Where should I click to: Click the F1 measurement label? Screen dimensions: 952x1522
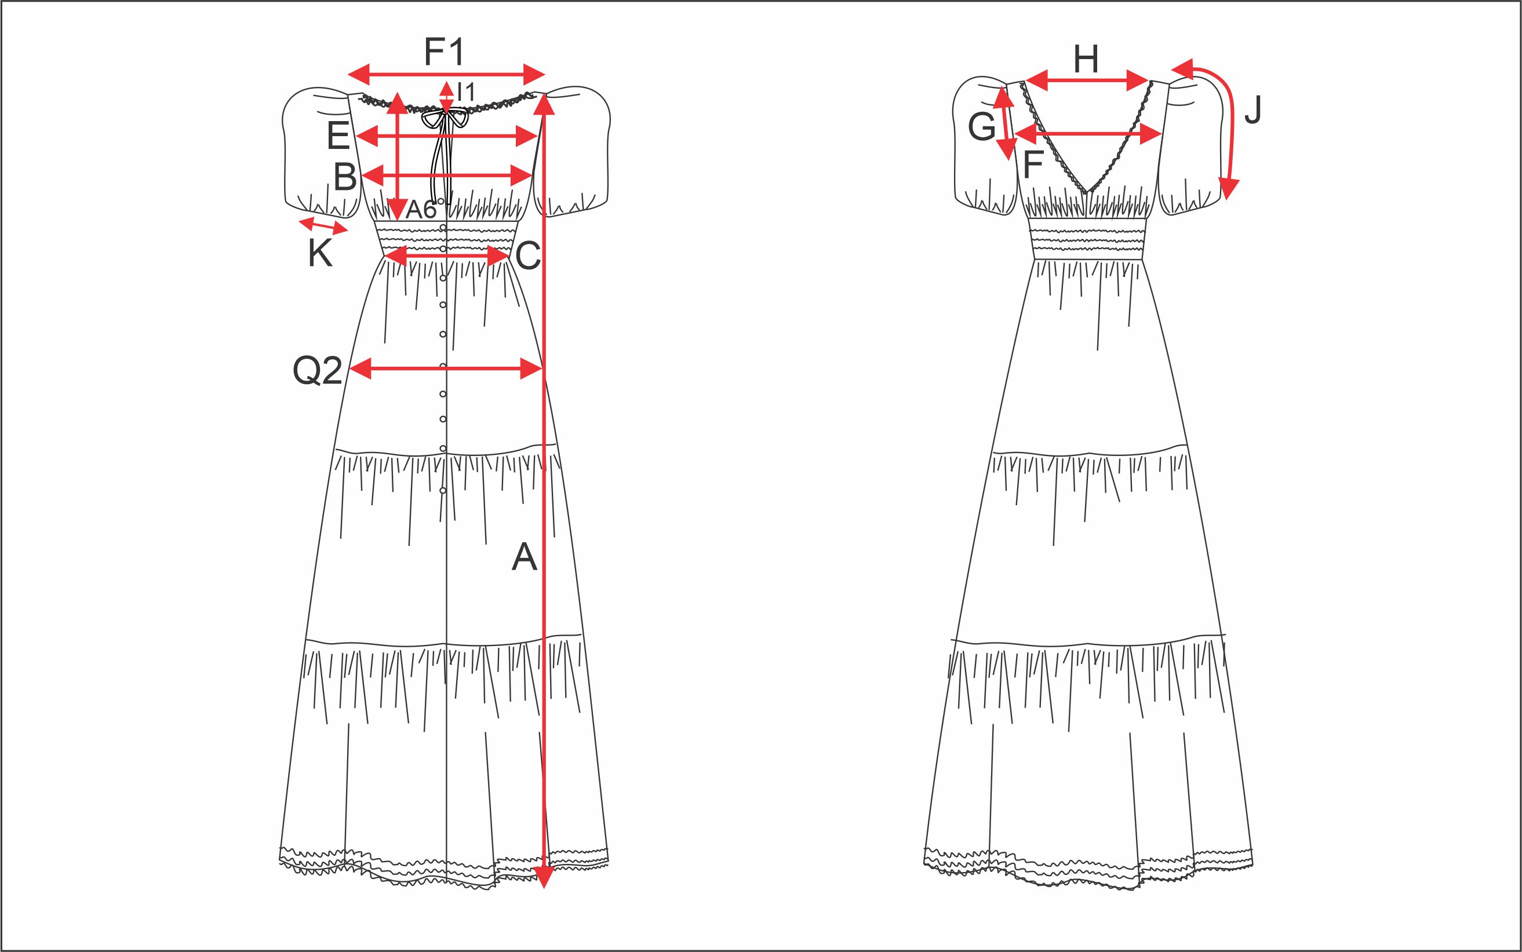(444, 52)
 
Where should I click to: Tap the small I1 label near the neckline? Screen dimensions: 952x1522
(466, 93)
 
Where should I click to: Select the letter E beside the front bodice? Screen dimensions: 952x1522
(338, 136)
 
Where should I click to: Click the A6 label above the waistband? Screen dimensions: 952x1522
(421, 210)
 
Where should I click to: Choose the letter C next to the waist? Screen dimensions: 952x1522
(527, 256)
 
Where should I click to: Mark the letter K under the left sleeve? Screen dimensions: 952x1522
(320, 255)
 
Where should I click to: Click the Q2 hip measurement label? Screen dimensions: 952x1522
(318, 370)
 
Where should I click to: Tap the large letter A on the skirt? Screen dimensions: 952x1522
(524, 557)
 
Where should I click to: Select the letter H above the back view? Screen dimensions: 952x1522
(1086, 60)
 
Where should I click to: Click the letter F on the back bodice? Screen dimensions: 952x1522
(1033, 165)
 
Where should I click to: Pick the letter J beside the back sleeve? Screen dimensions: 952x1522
(1253, 111)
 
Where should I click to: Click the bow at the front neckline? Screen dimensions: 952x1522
(445, 118)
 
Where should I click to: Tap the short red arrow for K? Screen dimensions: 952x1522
(323, 225)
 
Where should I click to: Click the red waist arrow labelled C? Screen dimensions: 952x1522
(446, 256)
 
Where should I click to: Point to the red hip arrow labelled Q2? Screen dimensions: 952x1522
(446, 369)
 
